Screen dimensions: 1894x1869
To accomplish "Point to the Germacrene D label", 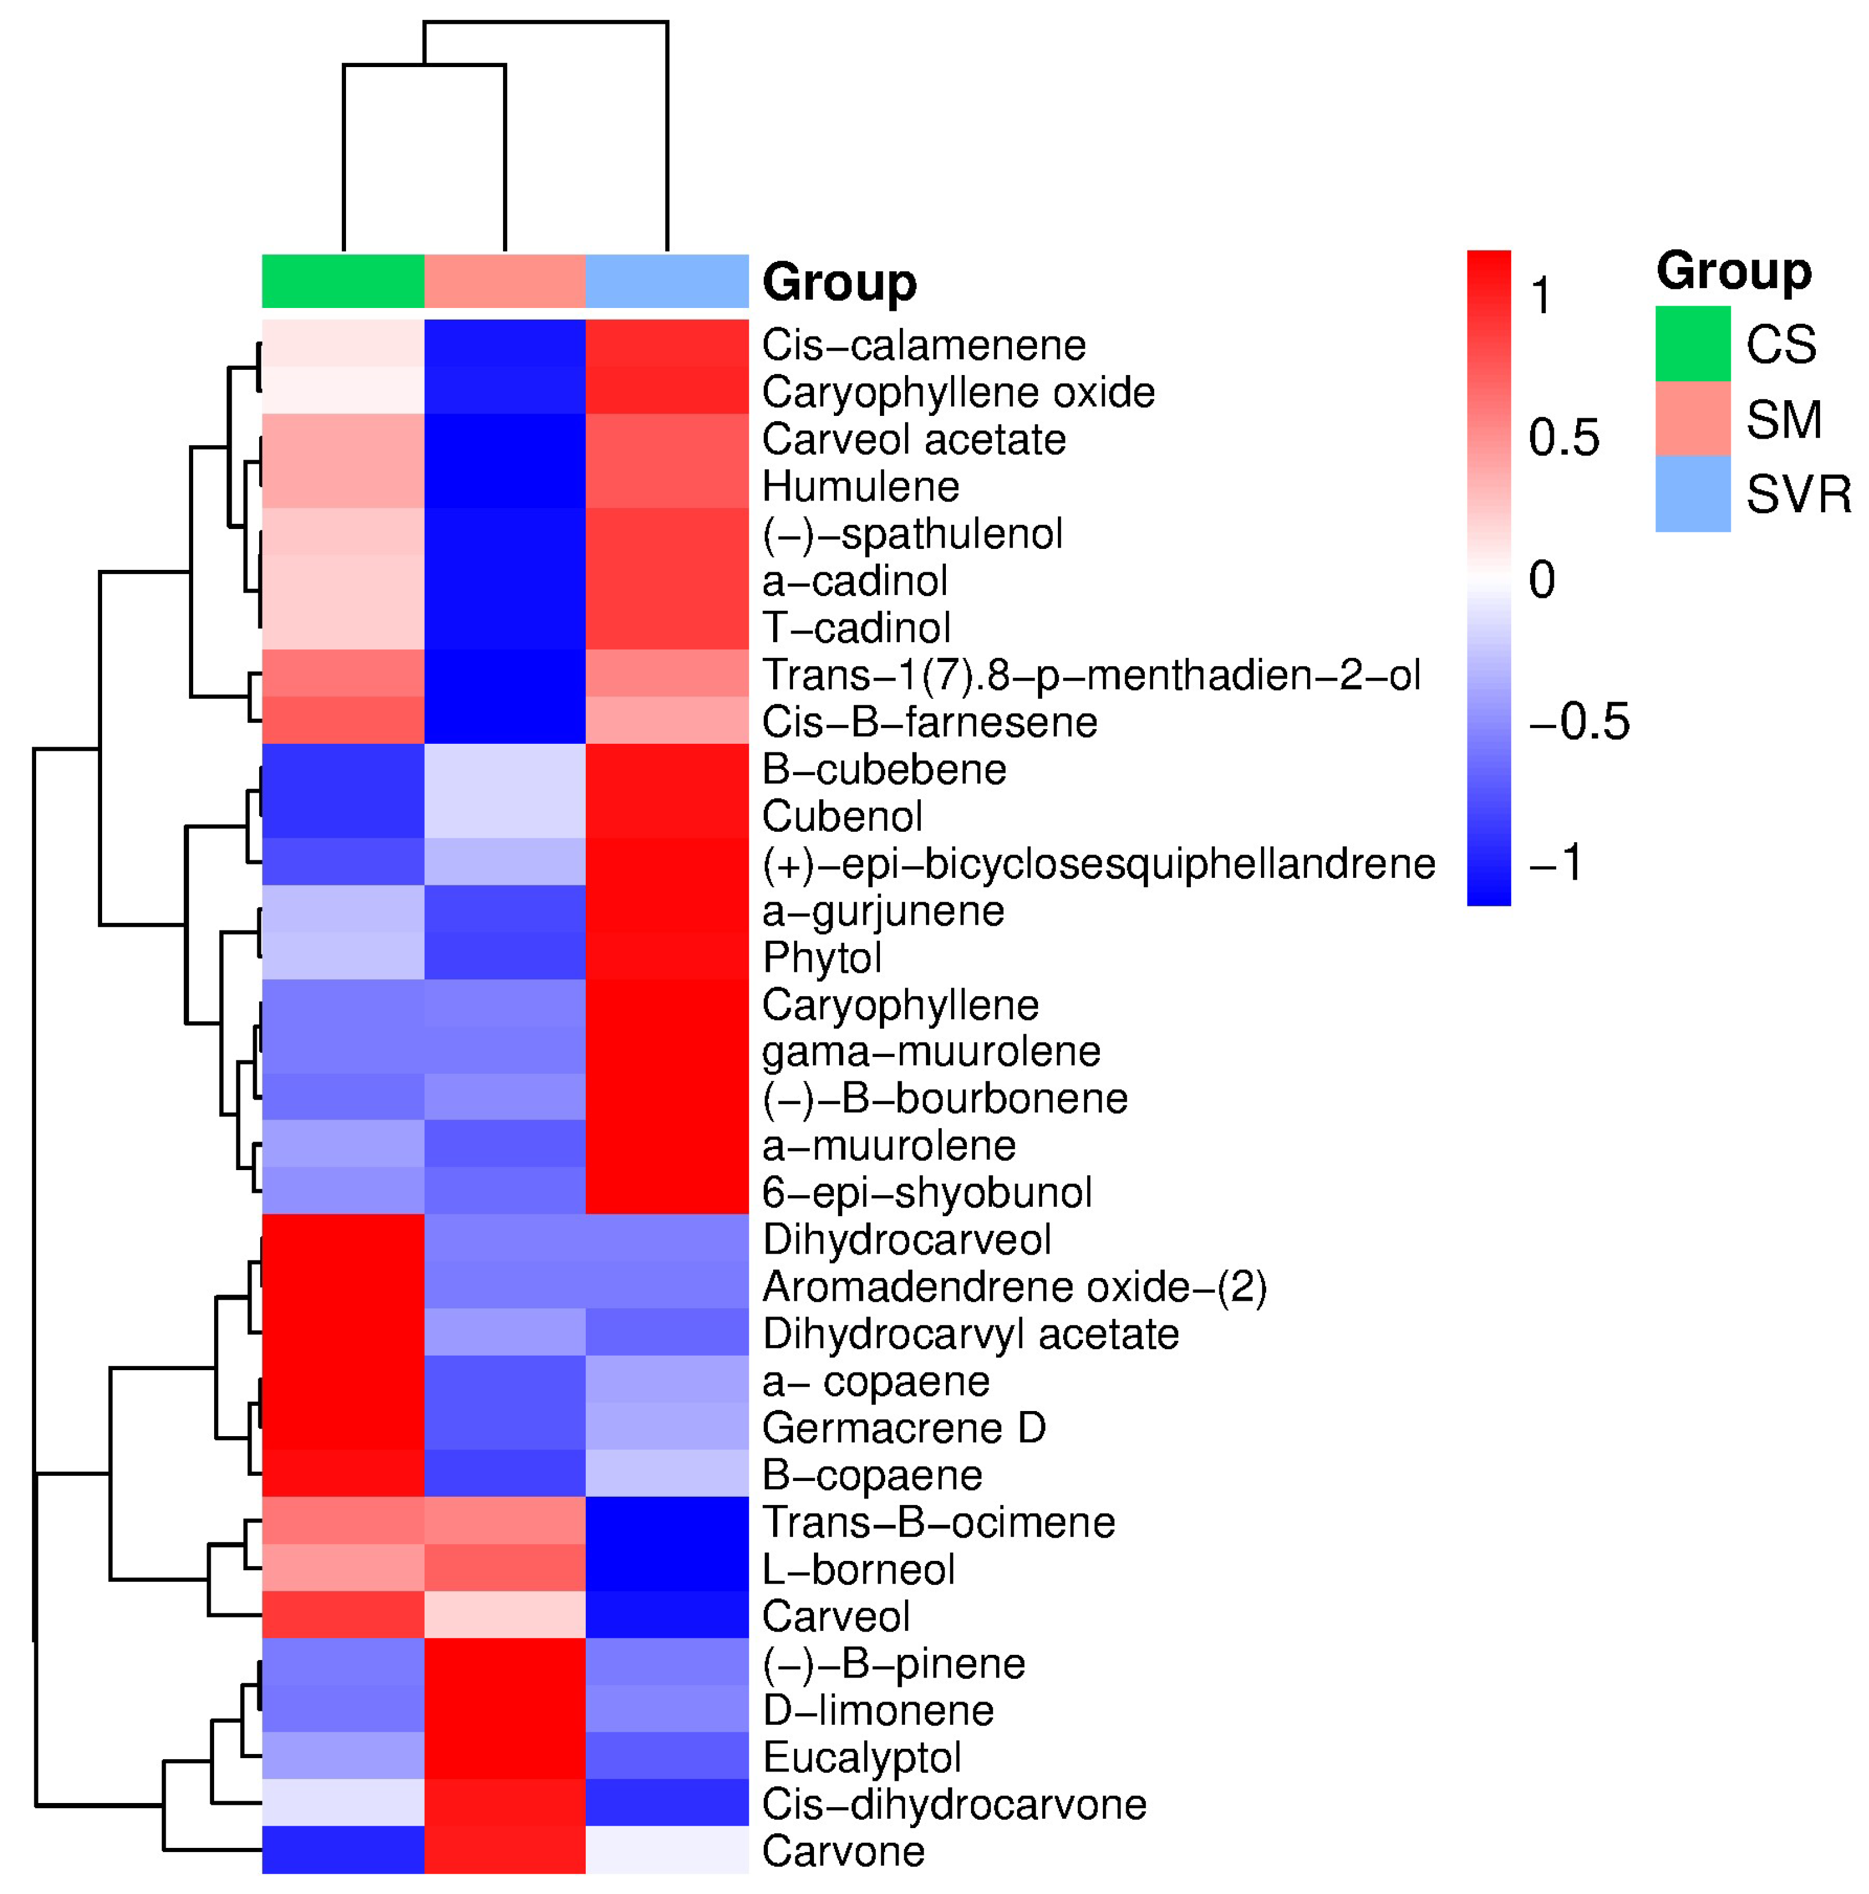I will click(903, 1429).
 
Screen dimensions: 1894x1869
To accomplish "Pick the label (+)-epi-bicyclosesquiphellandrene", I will click(1098, 864).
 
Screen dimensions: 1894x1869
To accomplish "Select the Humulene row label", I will click(860, 487).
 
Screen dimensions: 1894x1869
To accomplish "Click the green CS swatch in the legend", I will click(1692, 344).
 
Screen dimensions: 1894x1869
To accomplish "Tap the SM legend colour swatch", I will click(1692, 419).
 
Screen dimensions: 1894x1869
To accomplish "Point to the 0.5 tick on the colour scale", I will click(1563, 437).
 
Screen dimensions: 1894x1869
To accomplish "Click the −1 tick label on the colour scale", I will click(1555, 863).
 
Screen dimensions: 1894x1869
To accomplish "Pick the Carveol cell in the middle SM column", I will click(504, 1616).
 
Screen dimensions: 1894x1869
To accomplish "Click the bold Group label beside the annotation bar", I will click(839, 282).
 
